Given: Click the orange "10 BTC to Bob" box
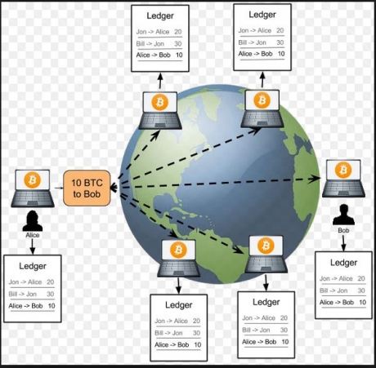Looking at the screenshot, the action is point(87,188).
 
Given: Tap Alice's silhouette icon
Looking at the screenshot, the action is point(33,220).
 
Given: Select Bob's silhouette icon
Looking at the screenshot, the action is point(343,215).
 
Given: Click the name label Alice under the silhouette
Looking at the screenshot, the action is point(33,235).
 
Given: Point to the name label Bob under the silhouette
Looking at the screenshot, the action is point(343,230).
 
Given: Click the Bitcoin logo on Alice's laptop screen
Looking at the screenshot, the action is point(33,180).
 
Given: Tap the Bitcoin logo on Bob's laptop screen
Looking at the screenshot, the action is point(343,171).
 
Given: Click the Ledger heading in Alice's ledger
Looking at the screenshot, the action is point(33,266).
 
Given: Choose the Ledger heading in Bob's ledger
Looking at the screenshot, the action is point(344,263).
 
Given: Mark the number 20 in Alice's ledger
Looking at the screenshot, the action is point(51,282).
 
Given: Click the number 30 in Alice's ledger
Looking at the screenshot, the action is point(51,294).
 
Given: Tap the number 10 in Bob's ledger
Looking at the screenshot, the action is point(362,303).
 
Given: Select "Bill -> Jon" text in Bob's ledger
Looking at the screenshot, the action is point(333,290).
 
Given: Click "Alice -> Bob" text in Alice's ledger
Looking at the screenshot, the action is point(25,306).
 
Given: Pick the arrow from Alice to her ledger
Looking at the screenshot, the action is point(33,246).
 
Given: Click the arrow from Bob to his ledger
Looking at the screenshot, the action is point(343,243).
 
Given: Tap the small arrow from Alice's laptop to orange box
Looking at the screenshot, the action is point(59,188).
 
